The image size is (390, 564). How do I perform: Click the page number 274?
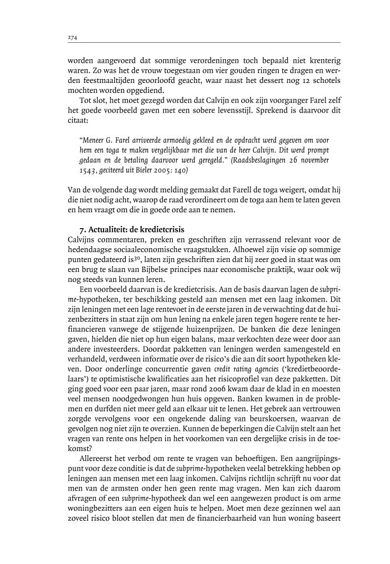[x=72, y=37]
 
